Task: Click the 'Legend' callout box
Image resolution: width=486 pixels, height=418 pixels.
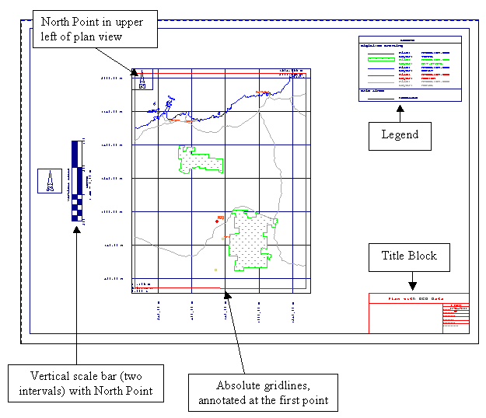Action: pos(400,135)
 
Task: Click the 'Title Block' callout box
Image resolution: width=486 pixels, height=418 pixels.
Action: pos(409,256)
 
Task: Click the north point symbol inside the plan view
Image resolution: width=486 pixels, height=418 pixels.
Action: pos(142,80)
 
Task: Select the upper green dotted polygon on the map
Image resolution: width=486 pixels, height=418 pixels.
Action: pos(200,159)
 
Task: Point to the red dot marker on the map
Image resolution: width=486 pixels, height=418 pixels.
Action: pos(216,221)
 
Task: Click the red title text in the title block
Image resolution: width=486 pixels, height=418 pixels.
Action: pos(418,298)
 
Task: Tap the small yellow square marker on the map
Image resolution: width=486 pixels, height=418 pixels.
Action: pos(215,270)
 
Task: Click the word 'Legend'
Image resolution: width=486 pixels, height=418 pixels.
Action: pos(400,135)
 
